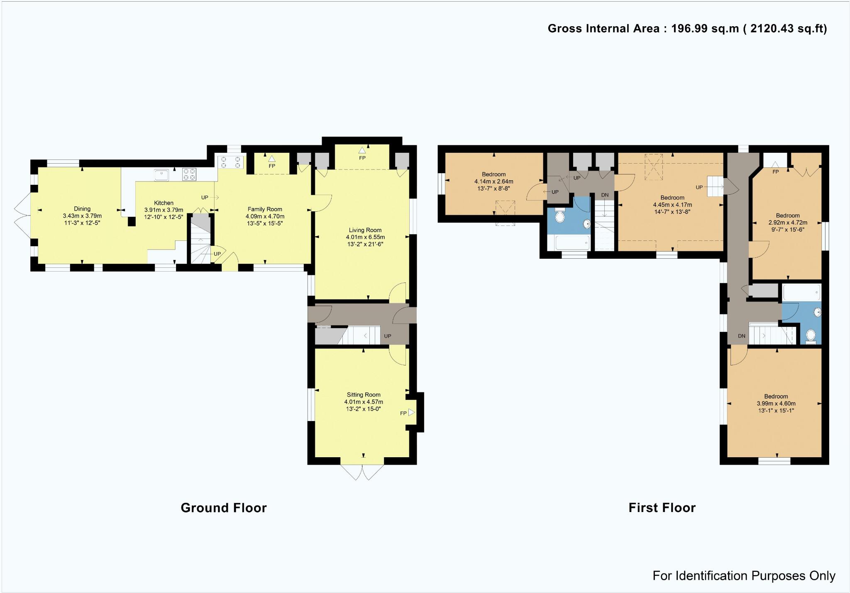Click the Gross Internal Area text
pyautogui.click(x=687, y=29)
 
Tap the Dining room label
pyautogui.click(x=82, y=209)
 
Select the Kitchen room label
pyautogui.click(x=164, y=203)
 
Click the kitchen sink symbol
pyautogui.click(x=161, y=175)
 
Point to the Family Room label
pyautogui.click(x=265, y=209)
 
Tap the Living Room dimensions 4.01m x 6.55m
pyautogui.click(x=365, y=237)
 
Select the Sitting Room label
pyautogui.click(x=364, y=395)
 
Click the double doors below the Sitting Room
pyautogui.click(x=362, y=472)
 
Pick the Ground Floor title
pyautogui.click(x=224, y=507)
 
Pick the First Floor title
pyautogui.click(x=662, y=507)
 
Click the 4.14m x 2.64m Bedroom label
pyautogui.click(x=494, y=174)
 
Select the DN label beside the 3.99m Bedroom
pyautogui.click(x=742, y=336)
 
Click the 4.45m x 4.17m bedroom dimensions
pyautogui.click(x=672, y=205)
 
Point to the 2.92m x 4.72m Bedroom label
pyautogui.click(x=788, y=216)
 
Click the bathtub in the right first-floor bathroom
pyautogui.click(x=801, y=292)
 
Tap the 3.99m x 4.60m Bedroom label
pyautogui.click(x=776, y=397)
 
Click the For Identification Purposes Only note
pyautogui.click(x=744, y=576)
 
